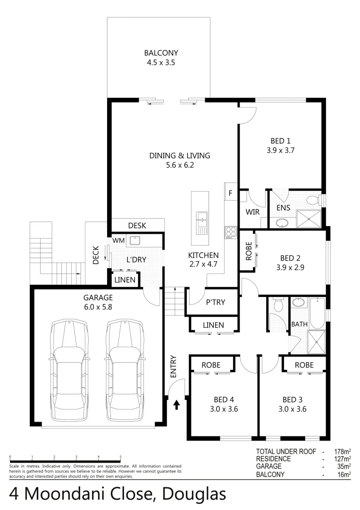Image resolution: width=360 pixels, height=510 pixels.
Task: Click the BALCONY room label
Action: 161,53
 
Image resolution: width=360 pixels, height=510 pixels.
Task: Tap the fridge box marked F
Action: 231,193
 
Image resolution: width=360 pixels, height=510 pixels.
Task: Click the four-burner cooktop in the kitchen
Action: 231,232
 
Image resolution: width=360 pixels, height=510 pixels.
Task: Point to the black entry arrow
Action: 177,405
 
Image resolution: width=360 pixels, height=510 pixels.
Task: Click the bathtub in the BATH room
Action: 317,312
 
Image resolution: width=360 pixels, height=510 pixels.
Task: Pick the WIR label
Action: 252,212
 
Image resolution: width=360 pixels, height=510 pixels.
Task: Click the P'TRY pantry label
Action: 215,302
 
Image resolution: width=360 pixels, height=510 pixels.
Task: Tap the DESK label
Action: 137,226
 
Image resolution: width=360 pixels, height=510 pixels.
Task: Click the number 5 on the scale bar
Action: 121,457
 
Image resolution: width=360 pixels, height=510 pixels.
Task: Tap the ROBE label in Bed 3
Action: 304,365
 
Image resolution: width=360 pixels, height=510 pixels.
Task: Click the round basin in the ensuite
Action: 282,222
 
